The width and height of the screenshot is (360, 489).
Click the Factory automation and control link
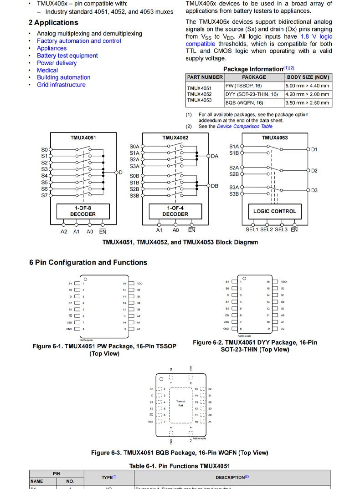click(79, 41)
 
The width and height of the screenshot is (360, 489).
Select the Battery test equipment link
click(67, 56)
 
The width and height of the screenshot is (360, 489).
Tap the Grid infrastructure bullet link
click(61, 85)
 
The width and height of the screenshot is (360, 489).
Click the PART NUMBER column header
click(205, 77)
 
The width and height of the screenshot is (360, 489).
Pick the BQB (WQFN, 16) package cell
click(244, 103)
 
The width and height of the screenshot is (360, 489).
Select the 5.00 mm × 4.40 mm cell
click(307, 86)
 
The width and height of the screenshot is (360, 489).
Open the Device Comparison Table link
click(245, 127)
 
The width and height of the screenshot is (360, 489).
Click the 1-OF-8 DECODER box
click(82, 211)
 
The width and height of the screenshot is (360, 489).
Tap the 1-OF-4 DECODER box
click(175, 211)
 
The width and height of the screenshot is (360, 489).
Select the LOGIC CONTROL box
click(274, 211)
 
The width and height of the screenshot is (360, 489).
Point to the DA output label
click(215, 156)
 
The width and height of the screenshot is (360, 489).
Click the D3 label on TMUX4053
click(314, 190)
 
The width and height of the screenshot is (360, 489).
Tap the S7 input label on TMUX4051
click(44, 195)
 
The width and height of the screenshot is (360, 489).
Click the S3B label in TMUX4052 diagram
click(134, 195)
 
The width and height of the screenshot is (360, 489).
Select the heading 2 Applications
click(53, 23)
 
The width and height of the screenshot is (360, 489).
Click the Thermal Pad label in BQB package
click(180, 403)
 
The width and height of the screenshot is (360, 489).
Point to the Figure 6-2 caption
click(255, 346)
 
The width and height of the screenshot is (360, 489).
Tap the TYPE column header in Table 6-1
click(109, 477)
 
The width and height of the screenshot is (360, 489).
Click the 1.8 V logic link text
click(316, 36)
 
